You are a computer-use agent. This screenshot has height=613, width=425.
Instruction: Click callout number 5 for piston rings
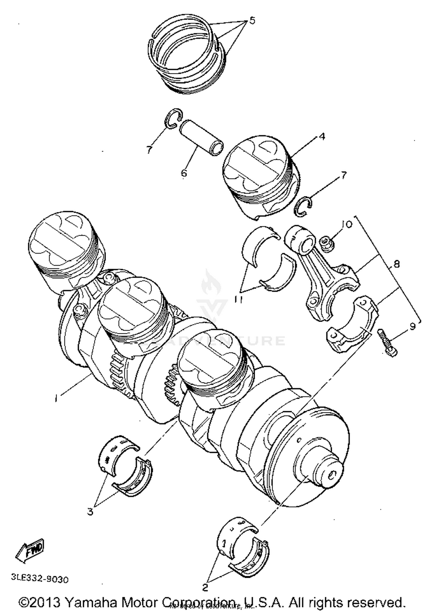click(x=252, y=20)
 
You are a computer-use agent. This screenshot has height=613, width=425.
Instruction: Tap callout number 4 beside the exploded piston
click(x=322, y=137)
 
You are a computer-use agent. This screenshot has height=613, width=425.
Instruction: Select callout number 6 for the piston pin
click(x=184, y=172)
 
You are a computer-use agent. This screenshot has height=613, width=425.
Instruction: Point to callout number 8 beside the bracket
click(x=396, y=264)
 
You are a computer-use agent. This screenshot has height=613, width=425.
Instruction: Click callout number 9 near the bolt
click(x=412, y=327)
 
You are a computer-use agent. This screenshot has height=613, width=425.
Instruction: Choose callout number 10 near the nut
click(x=347, y=224)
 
